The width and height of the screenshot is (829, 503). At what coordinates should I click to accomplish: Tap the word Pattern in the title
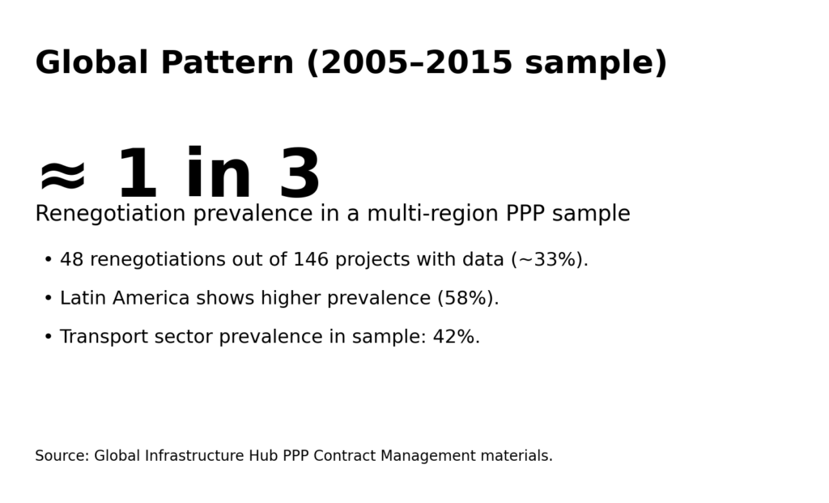227,63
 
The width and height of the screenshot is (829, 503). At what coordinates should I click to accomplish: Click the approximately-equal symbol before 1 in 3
62,175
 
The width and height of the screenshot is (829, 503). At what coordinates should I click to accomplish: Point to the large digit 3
300,175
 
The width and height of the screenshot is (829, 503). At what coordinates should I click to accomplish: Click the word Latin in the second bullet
83,299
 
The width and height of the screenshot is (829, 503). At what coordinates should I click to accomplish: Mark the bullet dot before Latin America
49,299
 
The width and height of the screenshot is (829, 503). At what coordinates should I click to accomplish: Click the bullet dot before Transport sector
49,337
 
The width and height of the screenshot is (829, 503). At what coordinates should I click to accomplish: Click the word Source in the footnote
62,456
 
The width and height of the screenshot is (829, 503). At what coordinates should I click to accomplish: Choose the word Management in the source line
427,456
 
